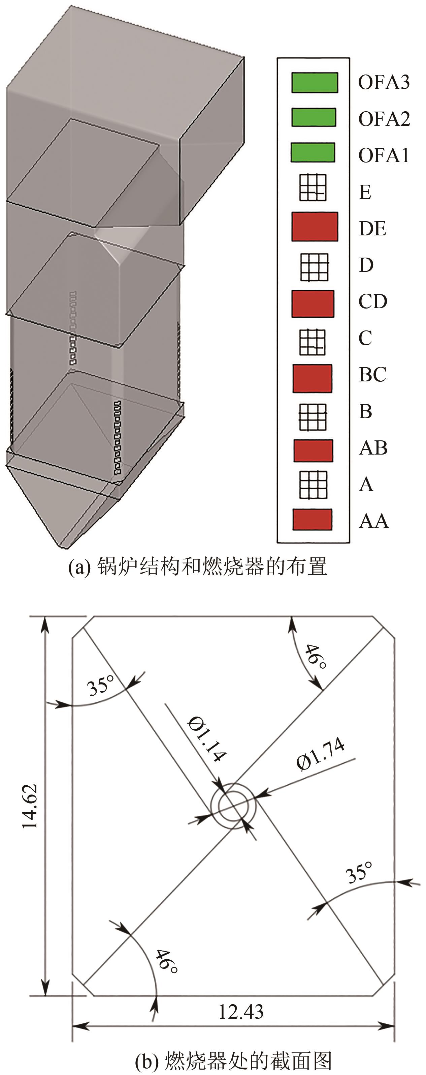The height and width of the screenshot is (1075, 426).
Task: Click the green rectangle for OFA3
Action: point(314,82)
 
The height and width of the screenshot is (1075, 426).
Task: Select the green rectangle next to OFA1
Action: point(313,152)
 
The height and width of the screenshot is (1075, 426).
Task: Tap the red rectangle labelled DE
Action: point(315,227)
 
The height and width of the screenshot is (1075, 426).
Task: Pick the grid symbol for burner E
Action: point(313,187)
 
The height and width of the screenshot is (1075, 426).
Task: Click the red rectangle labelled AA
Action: point(312,520)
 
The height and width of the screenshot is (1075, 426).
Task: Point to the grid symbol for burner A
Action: point(313,485)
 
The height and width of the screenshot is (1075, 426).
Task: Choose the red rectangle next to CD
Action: point(313,304)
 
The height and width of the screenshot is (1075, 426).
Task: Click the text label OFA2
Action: point(384,119)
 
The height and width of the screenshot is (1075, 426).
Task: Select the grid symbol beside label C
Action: point(312,342)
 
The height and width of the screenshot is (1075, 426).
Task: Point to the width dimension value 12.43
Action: point(241,1012)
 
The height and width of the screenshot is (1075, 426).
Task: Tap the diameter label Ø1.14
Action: point(207,739)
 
